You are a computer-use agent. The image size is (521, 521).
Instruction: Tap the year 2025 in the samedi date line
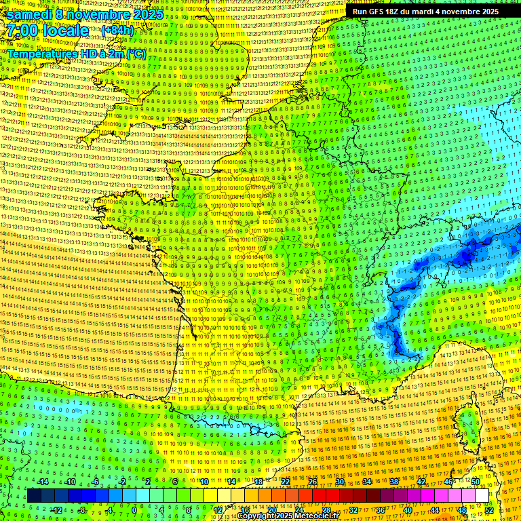coord(145,14)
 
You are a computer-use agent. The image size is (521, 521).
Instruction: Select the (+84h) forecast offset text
coord(117,31)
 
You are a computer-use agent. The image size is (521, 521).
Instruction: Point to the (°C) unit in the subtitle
coord(136,53)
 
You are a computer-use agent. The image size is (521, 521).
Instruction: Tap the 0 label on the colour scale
coord(134,510)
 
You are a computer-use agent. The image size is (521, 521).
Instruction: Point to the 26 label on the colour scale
coord(313,482)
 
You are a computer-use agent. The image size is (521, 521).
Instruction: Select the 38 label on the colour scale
coord(394,482)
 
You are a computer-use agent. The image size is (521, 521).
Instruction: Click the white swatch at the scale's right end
coord(482,496)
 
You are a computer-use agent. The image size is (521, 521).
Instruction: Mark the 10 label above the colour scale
coord(204,482)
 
